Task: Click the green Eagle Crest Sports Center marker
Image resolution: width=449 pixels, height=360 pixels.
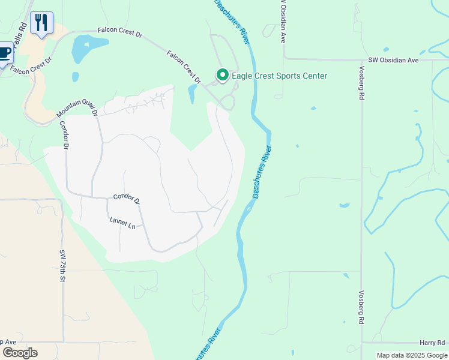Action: [x=222, y=75]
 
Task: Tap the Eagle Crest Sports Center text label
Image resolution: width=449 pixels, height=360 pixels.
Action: [x=279, y=76]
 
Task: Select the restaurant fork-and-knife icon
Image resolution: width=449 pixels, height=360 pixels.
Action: [x=41, y=23]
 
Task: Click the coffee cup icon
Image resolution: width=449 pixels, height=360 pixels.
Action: [x=4, y=52]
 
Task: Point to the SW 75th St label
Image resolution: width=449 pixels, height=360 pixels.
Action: [x=62, y=266]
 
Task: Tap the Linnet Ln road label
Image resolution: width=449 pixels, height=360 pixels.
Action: [x=122, y=223]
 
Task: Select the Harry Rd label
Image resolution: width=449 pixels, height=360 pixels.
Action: [x=432, y=341]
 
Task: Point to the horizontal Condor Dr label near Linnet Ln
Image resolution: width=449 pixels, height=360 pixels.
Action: [x=126, y=199]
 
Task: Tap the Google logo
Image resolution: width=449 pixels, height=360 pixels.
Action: [x=20, y=352]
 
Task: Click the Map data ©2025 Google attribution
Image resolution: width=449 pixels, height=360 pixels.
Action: [x=412, y=355]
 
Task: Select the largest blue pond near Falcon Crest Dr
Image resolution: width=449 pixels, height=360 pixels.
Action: [x=88, y=48]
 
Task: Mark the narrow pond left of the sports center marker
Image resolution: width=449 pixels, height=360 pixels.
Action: [x=192, y=93]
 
